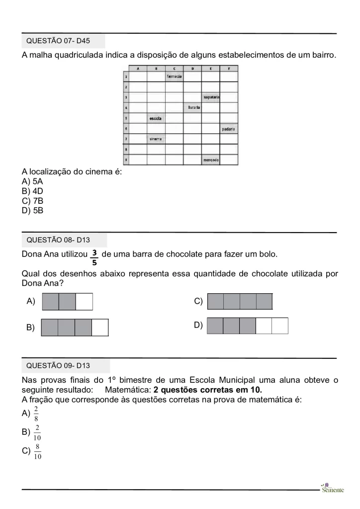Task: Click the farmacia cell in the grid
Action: pos(174,77)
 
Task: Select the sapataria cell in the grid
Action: pos(211,97)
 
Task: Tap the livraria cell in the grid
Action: pos(192,107)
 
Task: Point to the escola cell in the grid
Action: pos(156,118)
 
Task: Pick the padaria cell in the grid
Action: pos(229,129)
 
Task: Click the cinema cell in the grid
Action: pos(156,139)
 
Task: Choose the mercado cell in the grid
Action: pos(211,160)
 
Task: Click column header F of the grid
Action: pos(229,68)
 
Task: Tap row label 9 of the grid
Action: pos(126,160)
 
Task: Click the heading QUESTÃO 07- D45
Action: pos(58,41)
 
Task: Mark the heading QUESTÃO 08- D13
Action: pos(58,240)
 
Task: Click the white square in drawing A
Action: pos(84,302)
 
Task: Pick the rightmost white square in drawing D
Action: pos(280,326)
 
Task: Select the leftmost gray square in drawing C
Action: pos(215,302)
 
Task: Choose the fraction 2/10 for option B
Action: pos(37,433)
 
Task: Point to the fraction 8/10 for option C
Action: pos(37,452)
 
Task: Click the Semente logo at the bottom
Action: pos(332,488)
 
